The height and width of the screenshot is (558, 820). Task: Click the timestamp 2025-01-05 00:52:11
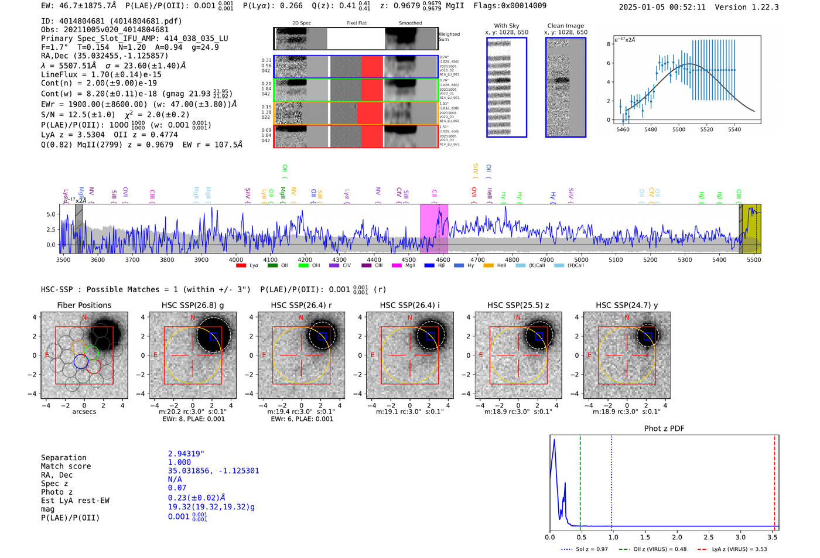662,7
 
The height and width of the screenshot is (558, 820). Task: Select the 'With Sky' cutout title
506,26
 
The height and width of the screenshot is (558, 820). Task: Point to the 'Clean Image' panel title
565,26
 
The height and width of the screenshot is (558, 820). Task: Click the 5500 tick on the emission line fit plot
678,129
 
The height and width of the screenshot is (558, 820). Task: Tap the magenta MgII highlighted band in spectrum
433,228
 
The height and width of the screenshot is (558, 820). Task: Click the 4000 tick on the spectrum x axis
236,259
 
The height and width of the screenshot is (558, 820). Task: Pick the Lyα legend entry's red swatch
241,266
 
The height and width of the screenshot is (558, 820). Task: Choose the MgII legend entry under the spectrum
404,266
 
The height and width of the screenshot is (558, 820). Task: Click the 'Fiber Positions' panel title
84,305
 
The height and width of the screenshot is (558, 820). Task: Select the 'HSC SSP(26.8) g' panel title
193,305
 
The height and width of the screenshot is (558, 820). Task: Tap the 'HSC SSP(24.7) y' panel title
627,305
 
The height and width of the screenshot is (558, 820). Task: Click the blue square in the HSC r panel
322,336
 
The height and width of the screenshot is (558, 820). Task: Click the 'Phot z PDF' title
664,429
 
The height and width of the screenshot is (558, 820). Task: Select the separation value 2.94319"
186,454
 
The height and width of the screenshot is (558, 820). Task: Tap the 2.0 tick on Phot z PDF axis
677,537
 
